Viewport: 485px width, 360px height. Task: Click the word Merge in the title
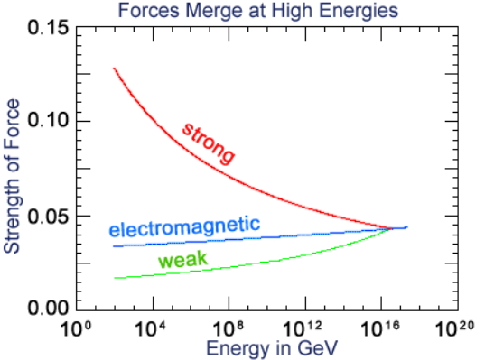(x=214, y=10)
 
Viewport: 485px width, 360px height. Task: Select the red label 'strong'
(x=208, y=143)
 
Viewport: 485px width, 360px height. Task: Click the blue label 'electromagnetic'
(x=184, y=227)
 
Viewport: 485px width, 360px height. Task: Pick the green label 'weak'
(x=182, y=260)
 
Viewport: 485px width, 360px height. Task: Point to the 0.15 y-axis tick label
(x=48, y=28)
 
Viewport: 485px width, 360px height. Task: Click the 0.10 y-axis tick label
(x=48, y=120)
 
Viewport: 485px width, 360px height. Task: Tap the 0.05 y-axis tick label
(x=48, y=217)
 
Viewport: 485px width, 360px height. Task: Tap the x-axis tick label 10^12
(x=303, y=328)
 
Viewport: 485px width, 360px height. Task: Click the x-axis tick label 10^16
(x=380, y=328)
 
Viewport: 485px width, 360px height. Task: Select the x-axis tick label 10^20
(x=454, y=328)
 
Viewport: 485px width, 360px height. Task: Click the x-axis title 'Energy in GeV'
(x=272, y=348)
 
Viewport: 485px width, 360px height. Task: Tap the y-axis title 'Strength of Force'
(x=12, y=177)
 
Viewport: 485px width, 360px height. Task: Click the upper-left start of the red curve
(x=114, y=68)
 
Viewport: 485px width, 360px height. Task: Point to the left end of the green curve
(x=115, y=278)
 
